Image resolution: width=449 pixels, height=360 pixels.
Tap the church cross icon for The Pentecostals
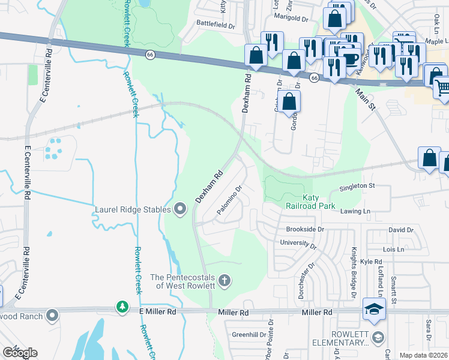tap(224, 281)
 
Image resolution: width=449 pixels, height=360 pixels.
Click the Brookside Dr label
tap(305, 229)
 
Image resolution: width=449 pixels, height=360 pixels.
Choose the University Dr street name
tap(298, 244)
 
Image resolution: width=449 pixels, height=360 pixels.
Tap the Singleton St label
tap(357, 186)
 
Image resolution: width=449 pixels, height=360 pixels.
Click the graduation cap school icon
tap(374, 310)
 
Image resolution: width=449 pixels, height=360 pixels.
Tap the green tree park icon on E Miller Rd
tap(122, 307)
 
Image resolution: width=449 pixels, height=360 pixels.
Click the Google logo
tap(19, 353)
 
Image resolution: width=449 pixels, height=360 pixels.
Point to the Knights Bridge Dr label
tap(354, 273)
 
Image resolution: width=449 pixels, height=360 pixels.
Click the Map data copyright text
tap(424, 355)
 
